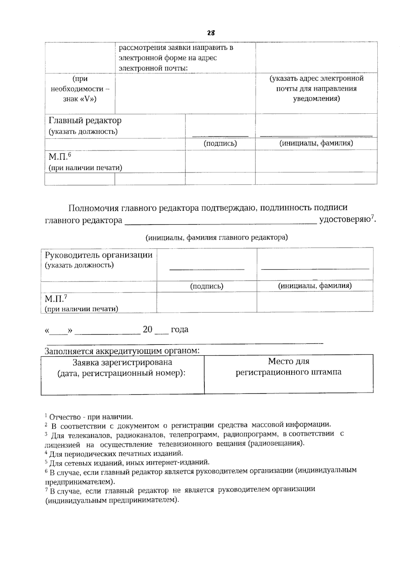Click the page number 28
211,33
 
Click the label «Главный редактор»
85,120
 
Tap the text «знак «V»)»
80,99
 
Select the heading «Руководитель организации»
99,255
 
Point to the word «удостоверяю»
345,220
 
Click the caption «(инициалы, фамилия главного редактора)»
216,237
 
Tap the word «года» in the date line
179,329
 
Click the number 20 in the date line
147,329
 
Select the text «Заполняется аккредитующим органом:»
122,351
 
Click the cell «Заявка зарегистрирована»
122,362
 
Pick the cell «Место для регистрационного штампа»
288,367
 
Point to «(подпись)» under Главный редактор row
220,143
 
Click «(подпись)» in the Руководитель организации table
207,286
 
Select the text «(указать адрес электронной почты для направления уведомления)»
316,88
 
